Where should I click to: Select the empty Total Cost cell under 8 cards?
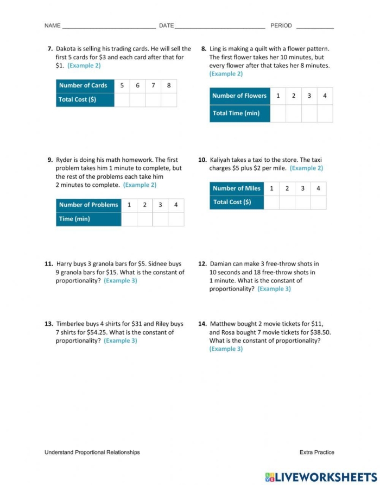[169, 100]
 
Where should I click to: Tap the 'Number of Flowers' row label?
[239, 96]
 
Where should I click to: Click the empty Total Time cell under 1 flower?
[278, 114]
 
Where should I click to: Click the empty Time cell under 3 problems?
[160, 219]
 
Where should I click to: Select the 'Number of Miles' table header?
[237, 188]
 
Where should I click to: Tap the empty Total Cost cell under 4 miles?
[318, 202]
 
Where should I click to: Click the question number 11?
[49, 264]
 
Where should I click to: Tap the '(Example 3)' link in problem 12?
[274, 289]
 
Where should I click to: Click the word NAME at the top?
[52, 26]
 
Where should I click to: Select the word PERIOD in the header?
[281, 26]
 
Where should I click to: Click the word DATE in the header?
[166, 26]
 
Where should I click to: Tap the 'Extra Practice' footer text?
[316, 452]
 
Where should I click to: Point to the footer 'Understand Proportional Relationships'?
[92, 452]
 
